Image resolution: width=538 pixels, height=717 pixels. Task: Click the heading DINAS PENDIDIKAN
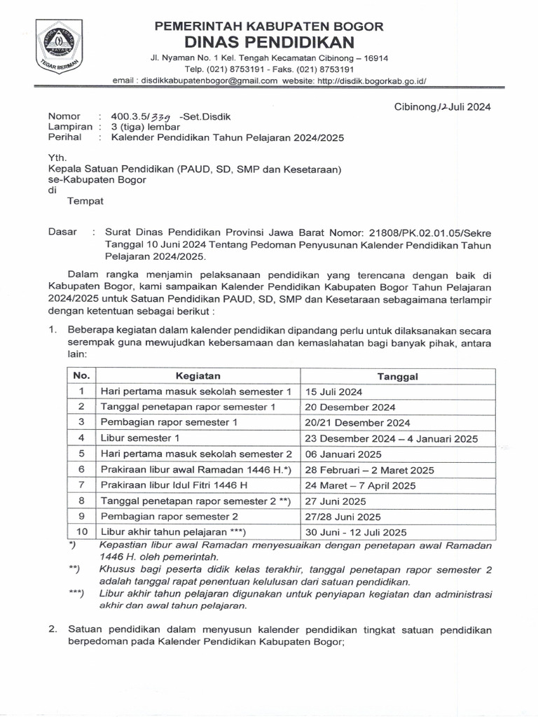[269, 43]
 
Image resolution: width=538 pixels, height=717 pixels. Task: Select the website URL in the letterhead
[371, 81]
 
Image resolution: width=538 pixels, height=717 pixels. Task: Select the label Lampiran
[70, 127]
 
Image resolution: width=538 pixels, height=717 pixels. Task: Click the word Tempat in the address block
[85, 201]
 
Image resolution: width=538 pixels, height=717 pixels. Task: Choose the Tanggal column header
[397, 376]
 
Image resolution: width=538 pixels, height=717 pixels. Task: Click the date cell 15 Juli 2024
[333, 391]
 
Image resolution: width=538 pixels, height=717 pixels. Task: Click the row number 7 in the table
[81, 485]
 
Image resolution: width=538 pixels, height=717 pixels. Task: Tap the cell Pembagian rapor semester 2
[170, 516]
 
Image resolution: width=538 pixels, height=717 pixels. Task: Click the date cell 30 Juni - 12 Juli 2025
[356, 532]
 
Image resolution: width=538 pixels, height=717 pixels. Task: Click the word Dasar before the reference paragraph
[62, 232]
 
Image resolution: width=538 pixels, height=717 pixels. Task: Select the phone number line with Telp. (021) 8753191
[269, 70]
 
